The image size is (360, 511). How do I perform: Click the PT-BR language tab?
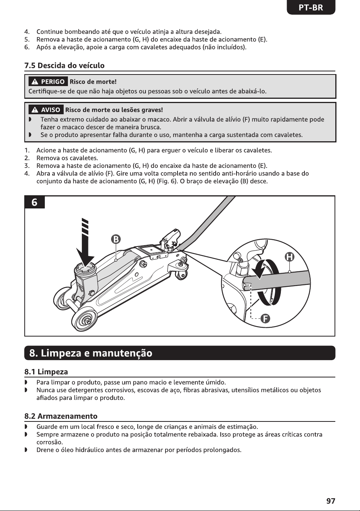tap(311, 8)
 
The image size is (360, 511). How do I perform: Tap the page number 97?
tap(331, 501)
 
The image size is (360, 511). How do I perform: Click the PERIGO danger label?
tap(48, 81)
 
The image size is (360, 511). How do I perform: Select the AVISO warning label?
tap(46, 110)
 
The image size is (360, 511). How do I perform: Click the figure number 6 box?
tap(34, 202)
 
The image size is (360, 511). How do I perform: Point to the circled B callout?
tap(116, 239)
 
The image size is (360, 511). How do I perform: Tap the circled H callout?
tap(289, 257)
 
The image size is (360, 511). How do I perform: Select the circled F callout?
tap(265, 319)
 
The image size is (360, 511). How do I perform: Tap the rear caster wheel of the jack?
tap(181, 275)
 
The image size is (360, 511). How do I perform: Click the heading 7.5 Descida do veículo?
tap(64, 66)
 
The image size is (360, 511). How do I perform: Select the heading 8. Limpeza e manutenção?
tap(91, 353)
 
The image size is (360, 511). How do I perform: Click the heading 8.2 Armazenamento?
tap(61, 416)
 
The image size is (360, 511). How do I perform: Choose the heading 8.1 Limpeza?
tap(46, 372)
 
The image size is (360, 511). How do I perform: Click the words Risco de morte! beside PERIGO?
tap(93, 81)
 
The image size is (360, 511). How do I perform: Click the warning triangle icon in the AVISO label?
tap(35, 110)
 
